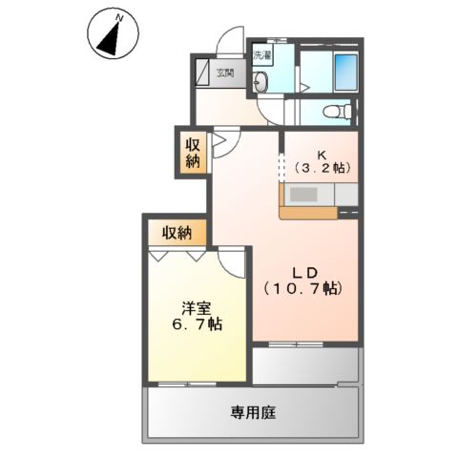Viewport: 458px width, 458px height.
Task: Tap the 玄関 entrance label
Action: (224, 73)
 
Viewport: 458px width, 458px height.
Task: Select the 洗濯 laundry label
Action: (262, 56)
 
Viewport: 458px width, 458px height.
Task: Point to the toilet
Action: (334, 112)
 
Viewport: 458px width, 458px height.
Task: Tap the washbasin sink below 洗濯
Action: (262, 84)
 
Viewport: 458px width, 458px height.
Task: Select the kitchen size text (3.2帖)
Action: (322, 169)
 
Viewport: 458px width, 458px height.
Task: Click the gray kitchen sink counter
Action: (307, 195)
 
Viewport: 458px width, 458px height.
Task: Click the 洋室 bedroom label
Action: (198, 308)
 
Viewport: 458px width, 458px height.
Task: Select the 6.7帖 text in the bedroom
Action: (198, 324)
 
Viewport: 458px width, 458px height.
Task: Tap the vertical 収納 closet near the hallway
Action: (193, 153)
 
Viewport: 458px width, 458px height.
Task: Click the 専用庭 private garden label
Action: (253, 412)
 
